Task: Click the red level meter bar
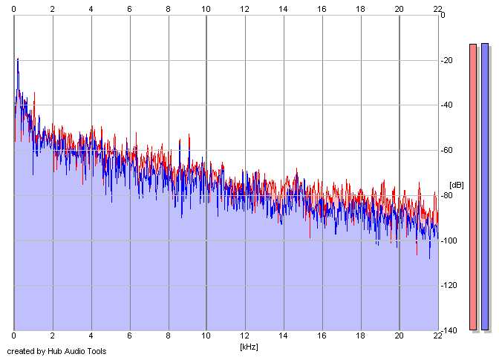click(x=473, y=186)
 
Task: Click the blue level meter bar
click(x=485, y=186)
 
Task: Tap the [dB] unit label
click(x=456, y=185)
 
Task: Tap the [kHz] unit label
click(x=248, y=346)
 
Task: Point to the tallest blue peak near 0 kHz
click(x=17, y=59)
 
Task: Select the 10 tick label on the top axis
click(x=206, y=8)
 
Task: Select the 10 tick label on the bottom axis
click(x=206, y=336)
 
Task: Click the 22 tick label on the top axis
click(x=437, y=8)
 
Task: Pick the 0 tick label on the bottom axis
click(x=14, y=336)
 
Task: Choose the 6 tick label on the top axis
click(x=129, y=8)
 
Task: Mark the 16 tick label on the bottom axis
click(x=322, y=336)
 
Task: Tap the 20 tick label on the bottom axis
click(x=399, y=336)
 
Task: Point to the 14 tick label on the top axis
click(x=283, y=8)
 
